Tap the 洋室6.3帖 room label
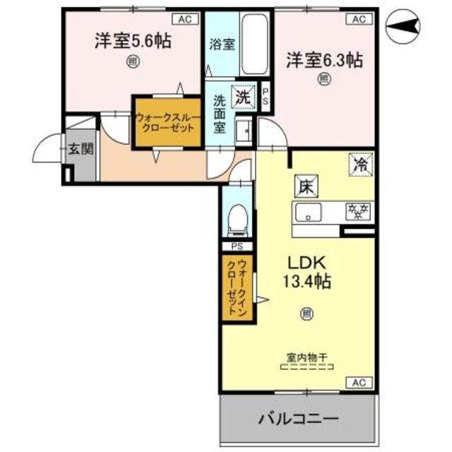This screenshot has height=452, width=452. pyautogui.click(x=324, y=60)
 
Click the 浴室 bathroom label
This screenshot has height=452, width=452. pyautogui.click(x=222, y=43)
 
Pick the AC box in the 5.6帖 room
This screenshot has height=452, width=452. pyautogui.click(x=184, y=19)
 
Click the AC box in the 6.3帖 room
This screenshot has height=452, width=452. pyautogui.click(x=358, y=19)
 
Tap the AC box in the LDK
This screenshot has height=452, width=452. pyautogui.click(x=358, y=383)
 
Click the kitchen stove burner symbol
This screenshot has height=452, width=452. pyautogui.click(x=358, y=210)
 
